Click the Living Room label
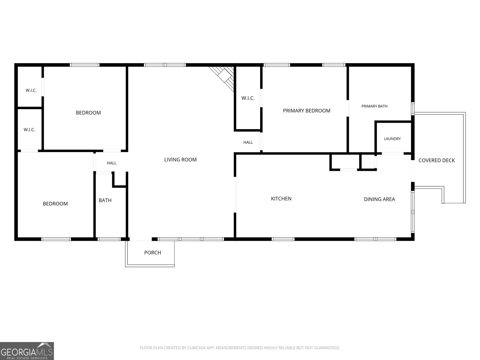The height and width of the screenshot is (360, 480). (180, 160)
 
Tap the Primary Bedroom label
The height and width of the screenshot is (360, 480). (307, 111)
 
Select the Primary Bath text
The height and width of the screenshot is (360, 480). (374, 106)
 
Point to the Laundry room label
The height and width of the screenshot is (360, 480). (392, 139)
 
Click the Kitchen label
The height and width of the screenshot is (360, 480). (281, 199)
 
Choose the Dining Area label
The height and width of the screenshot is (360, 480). (379, 199)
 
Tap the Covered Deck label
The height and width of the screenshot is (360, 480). (437, 160)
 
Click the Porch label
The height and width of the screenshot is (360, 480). (153, 253)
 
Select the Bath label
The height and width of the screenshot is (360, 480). (105, 200)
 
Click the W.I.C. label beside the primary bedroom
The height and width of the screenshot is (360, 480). (248, 98)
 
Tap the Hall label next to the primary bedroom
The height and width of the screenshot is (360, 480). (248, 142)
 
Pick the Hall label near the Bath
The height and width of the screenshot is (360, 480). (112, 163)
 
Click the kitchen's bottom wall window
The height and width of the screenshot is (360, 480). (283, 239)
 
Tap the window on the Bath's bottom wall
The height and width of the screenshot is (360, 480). (109, 239)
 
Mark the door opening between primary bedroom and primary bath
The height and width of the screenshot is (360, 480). (348, 108)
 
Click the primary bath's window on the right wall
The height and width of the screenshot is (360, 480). (413, 109)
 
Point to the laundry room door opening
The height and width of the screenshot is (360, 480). (392, 154)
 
